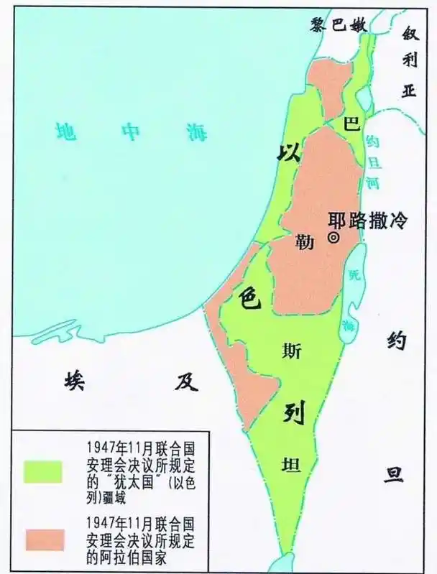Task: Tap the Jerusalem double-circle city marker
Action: click(x=333, y=239)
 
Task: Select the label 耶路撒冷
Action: click(x=367, y=221)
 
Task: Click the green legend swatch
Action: click(x=43, y=471)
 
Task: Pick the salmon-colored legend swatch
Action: click(x=43, y=539)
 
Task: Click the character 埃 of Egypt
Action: click(x=73, y=381)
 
